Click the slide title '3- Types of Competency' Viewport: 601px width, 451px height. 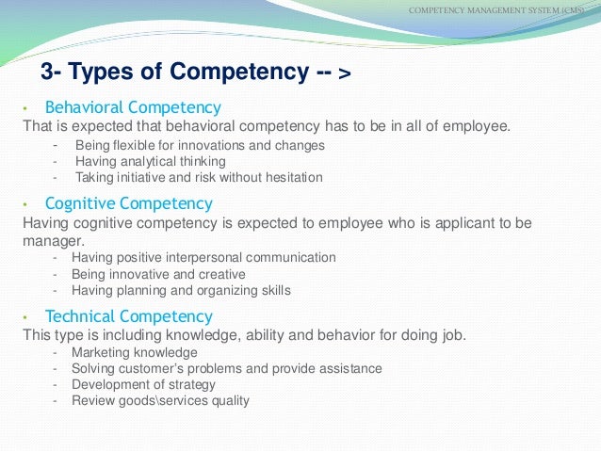click(x=173, y=72)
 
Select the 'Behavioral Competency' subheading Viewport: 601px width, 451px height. click(x=133, y=107)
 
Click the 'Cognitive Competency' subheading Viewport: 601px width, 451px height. click(x=129, y=203)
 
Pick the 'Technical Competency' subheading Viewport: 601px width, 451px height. click(x=129, y=316)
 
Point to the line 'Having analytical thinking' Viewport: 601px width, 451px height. click(x=151, y=161)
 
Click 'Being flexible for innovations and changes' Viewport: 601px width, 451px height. click(x=200, y=145)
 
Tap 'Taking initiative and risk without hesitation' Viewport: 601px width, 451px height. click(x=199, y=177)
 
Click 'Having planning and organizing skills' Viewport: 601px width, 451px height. click(x=181, y=290)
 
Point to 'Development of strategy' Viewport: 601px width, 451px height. click(x=143, y=384)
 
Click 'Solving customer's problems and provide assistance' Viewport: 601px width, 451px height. click(x=227, y=368)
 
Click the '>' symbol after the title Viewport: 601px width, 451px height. click(x=343, y=74)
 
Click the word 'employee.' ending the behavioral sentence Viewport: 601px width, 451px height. click(x=477, y=126)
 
